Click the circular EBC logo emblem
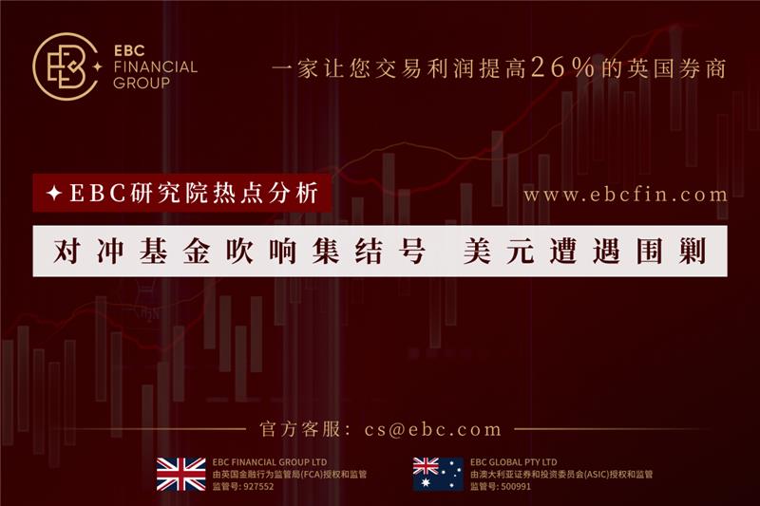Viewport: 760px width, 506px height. pyautogui.click(x=66, y=66)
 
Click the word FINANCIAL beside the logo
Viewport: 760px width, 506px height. pyautogui.click(x=156, y=66)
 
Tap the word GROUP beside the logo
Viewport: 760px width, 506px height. pyautogui.click(x=142, y=84)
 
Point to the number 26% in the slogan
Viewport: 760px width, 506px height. pyautogui.click(x=563, y=67)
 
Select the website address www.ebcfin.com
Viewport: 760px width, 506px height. pyautogui.click(x=625, y=195)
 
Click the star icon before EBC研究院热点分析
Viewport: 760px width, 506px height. pyautogui.click(x=54, y=194)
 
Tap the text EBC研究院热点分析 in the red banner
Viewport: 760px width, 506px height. pyautogui.click(x=194, y=193)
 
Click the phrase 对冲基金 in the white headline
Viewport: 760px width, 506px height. pyautogui.click(x=132, y=252)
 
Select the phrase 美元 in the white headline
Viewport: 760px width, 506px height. pyautogui.click(x=499, y=252)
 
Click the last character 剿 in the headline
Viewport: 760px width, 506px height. pyautogui.click(x=693, y=252)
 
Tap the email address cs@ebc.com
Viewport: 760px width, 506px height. pyautogui.click(x=433, y=429)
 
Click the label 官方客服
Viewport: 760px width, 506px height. pyautogui.click(x=300, y=429)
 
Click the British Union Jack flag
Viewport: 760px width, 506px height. pyautogui.click(x=181, y=475)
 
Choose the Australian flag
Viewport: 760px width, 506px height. pyautogui.click(x=438, y=475)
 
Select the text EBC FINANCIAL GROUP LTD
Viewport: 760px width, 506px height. pyautogui.click(x=270, y=462)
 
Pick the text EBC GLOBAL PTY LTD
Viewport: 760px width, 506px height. pyautogui.click(x=514, y=462)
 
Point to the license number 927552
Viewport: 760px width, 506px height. pyautogui.click(x=257, y=487)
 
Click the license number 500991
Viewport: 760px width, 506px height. pyautogui.click(x=515, y=487)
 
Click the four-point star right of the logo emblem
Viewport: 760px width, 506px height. pyautogui.click(x=98, y=66)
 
